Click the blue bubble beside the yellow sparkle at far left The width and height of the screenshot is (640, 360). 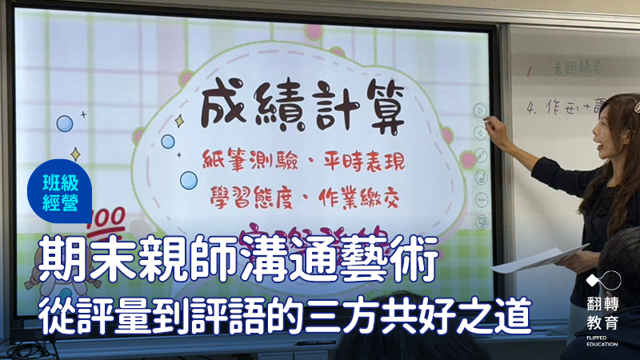tap(65, 123)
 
